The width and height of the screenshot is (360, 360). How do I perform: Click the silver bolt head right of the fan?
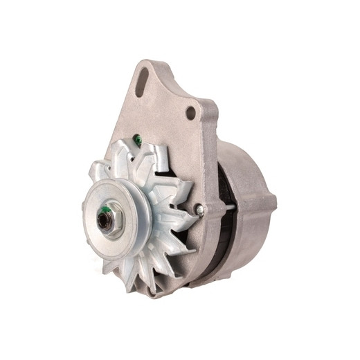click(x=199, y=209)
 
